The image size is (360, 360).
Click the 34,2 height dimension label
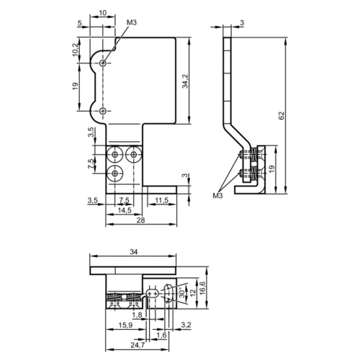coord(185,81)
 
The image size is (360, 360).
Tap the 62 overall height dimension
coord(282,115)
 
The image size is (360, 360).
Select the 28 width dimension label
coord(141,220)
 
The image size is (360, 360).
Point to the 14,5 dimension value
coord(125,210)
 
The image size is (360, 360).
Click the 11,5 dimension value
coord(162,200)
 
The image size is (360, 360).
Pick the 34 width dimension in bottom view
coord(134,252)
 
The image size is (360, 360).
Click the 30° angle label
coord(182,293)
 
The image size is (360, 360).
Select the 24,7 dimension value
coord(138,345)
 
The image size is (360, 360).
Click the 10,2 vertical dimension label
coord(76,50)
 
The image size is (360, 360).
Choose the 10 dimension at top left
coord(102,13)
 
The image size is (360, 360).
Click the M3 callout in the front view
coord(132,22)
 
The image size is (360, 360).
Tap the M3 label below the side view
coord(217,196)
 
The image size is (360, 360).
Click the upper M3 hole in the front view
coord(103,63)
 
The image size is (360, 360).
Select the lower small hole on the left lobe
coord(103,111)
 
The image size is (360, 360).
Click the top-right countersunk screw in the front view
coord(133,154)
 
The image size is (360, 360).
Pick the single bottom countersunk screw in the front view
coord(115,173)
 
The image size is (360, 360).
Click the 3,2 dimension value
coord(186,325)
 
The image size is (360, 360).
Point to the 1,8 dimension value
coord(137,315)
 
